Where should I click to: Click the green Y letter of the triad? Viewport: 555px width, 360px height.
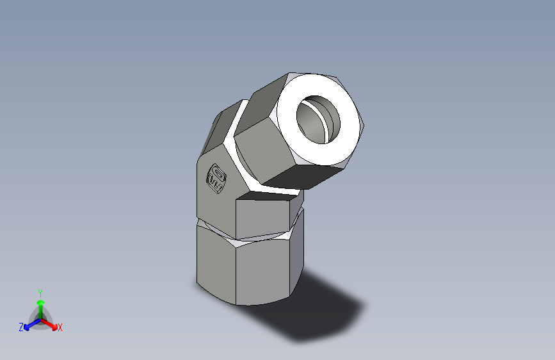[40, 292]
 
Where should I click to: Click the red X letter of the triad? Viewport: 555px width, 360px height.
[60, 327]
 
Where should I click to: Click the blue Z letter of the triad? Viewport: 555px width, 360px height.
[21, 327]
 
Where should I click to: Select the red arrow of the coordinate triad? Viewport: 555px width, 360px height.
[51, 323]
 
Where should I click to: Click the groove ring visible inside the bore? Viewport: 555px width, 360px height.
[330, 119]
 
